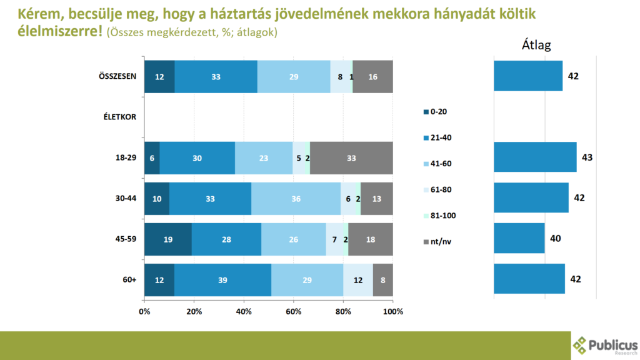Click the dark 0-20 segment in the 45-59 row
(167, 239)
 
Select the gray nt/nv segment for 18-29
(351, 158)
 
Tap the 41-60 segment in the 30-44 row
(296, 199)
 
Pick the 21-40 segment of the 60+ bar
(222, 279)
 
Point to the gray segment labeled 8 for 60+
(382, 279)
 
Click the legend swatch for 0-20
(425, 112)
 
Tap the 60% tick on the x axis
(293, 311)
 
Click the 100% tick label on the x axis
(392, 311)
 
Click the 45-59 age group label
(124, 239)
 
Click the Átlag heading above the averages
(536, 45)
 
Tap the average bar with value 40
(519, 238)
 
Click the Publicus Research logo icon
(581, 345)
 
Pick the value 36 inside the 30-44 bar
(296, 199)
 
